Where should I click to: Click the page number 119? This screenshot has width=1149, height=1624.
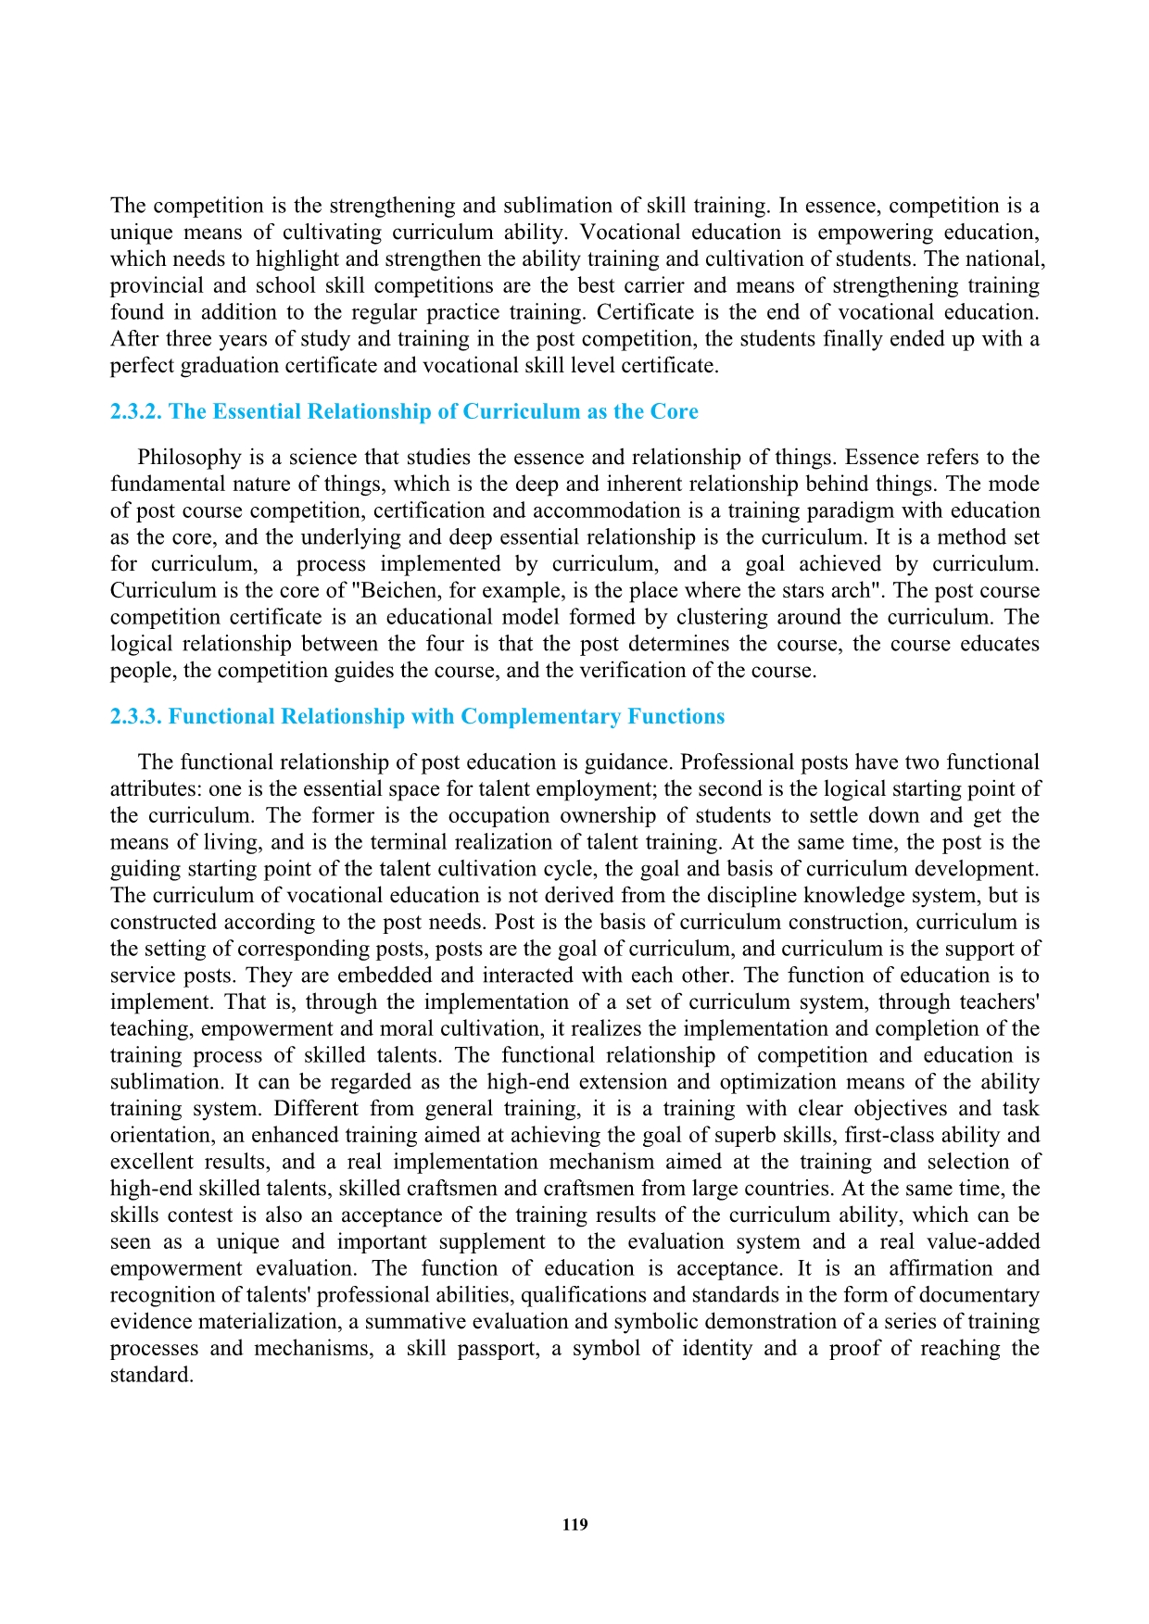point(574,1525)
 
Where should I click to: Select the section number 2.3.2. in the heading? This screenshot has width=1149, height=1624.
point(136,412)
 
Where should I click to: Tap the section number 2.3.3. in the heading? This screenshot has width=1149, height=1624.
point(136,717)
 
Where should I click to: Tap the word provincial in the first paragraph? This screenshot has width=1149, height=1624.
point(153,286)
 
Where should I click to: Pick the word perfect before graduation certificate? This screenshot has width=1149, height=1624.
point(142,366)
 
